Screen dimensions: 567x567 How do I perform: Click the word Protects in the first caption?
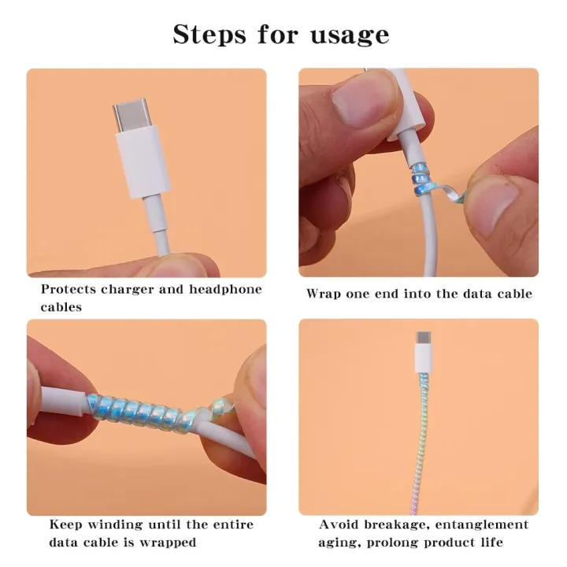[x=72, y=289]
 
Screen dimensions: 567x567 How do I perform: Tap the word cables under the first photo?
[x=61, y=307]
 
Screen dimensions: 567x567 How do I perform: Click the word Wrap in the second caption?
[x=323, y=294]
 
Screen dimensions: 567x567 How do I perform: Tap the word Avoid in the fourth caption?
[x=337, y=524]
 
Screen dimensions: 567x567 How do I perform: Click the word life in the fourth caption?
[x=491, y=543]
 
